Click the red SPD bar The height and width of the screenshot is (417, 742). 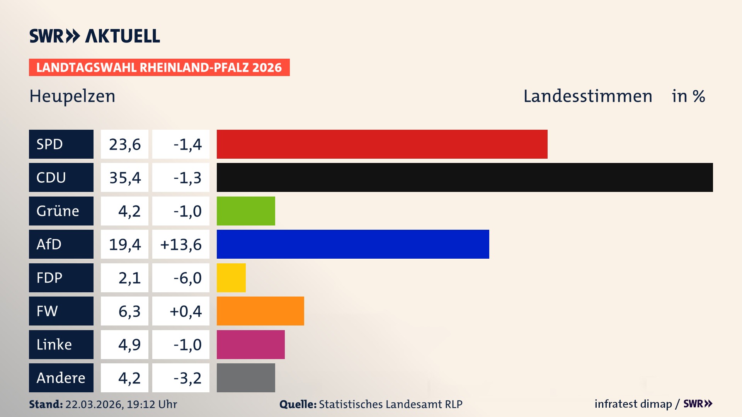click(x=382, y=144)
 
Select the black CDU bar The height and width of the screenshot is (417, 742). click(x=465, y=177)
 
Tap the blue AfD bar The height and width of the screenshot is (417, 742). click(x=353, y=244)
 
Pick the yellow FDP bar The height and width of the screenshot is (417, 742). click(x=231, y=278)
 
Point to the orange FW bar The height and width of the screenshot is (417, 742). click(x=260, y=311)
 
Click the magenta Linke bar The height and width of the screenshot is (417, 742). click(x=250, y=344)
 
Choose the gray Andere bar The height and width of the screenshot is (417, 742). click(x=246, y=378)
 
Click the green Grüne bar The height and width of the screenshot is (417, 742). click(x=246, y=211)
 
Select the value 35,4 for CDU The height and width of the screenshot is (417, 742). click(x=125, y=178)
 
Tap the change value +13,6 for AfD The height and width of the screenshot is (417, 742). click(x=181, y=244)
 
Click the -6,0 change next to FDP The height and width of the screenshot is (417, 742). click(x=187, y=278)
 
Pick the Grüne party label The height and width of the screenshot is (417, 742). click(x=58, y=211)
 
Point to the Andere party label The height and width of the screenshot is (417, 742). click(x=61, y=378)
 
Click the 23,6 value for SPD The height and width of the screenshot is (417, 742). click(x=125, y=144)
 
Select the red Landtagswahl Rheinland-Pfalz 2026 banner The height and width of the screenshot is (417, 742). click(x=159, y=68)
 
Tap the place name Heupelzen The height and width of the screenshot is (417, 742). click(x=72, y=96)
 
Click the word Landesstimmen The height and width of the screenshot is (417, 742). click(x=587, y=96)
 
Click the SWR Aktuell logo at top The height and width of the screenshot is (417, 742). click(x=95, y=36)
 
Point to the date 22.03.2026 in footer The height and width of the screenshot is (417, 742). click(x=94, y=404)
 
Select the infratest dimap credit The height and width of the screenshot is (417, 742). click(x=633, y=404)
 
